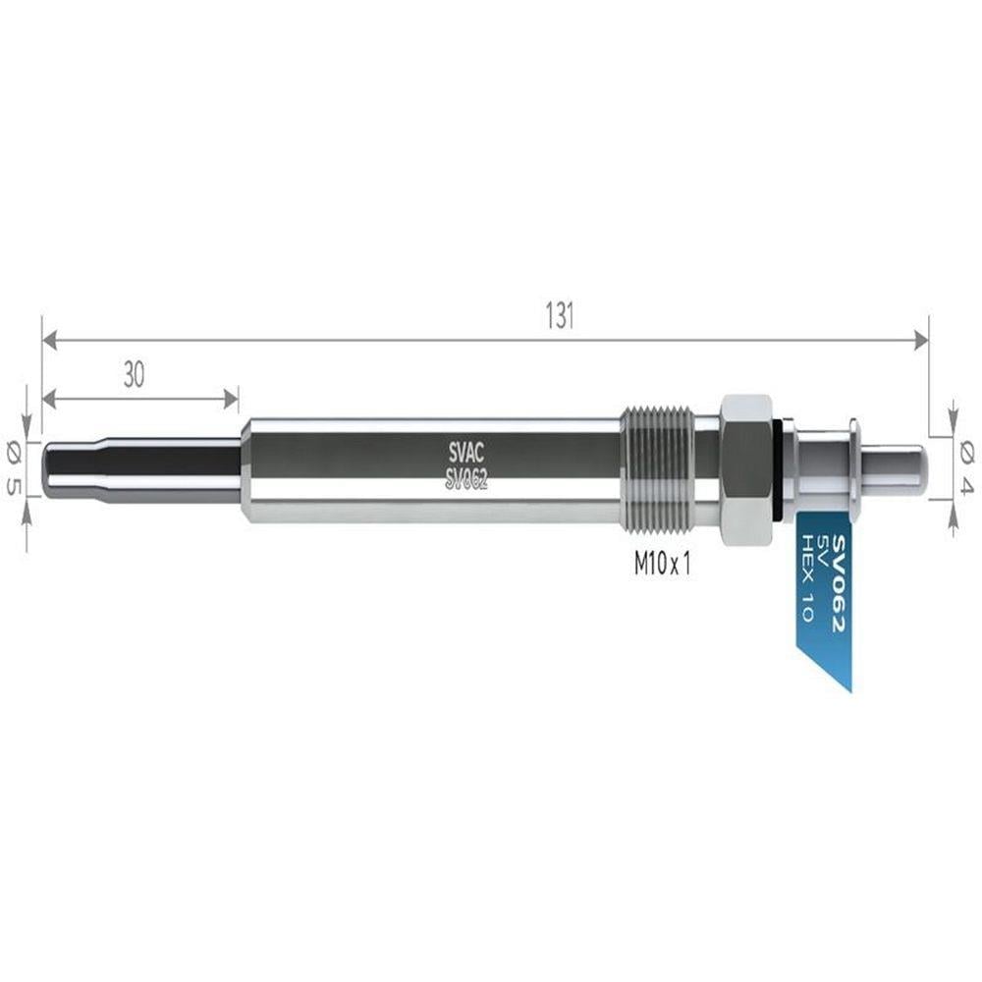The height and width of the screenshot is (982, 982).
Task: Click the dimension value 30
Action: (134, 374)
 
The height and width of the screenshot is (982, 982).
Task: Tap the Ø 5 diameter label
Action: (13, 467)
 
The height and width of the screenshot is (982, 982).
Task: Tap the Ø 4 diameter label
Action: (967, 467)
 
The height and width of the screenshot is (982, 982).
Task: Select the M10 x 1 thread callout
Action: (662, 565)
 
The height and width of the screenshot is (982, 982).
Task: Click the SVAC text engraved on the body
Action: (465, 452)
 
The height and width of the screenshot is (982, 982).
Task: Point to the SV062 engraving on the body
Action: (465, 480)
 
